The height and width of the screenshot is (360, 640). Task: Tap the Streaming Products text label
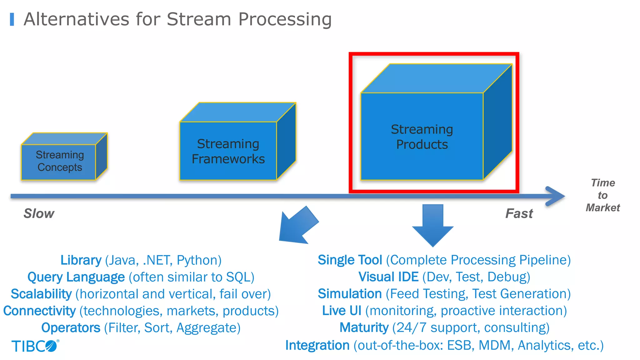pyautogui.click(x=422, y=137)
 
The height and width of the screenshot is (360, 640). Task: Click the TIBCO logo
pyautogui.click(x=35, y=346)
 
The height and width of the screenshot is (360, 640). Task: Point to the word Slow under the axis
pyautogui.click(x=39, y=213)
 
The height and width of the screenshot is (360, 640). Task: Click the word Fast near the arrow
pyautogui.click(x=519, y=213)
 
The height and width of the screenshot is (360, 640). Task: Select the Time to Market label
pyautogui.click(x=602, y=195)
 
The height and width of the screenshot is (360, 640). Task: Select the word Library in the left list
pyautogui.click(x=81, y=260)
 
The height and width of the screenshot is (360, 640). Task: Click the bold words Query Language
pyautogui.click(x=76, y=277)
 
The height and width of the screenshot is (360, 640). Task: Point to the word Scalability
pyautogui.click(x=41, y=294)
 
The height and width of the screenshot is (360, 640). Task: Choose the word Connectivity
pyautogui.click(x=39, y=311)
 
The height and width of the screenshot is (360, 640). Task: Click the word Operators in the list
pyautogui.click(x=71, y=328)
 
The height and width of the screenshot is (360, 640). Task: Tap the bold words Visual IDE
pyautogui.click(x=388, y=277)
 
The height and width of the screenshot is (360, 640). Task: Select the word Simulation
pyautogui.click(x=350, y=294)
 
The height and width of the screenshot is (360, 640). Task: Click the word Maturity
pyautogui.click(x=364, y=327)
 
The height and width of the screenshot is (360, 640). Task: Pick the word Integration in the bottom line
pyautogui.click(x=317, y=345)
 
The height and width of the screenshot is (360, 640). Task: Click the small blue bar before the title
pyautogui.click(x=12, y=19)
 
